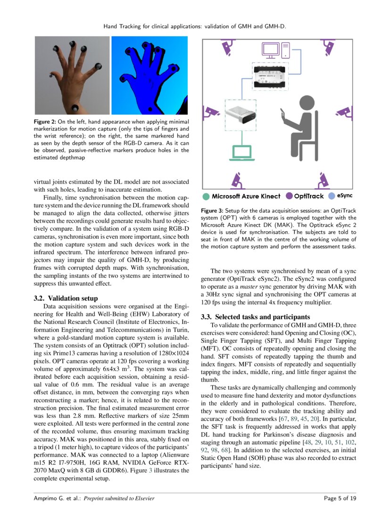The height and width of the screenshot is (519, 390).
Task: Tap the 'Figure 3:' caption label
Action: pos(212,210)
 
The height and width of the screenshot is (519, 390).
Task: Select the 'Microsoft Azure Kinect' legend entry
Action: pos(246,196)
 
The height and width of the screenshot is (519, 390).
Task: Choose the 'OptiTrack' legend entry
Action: pos(307,196)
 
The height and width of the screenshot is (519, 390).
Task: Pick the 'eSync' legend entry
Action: pos(344,195)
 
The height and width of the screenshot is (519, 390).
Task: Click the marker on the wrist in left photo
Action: pos(75,108)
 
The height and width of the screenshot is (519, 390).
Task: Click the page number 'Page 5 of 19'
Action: pos(340,498)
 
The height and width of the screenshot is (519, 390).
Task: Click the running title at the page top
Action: pos(195,26)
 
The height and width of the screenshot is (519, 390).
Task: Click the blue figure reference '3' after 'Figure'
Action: pos(150,470)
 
